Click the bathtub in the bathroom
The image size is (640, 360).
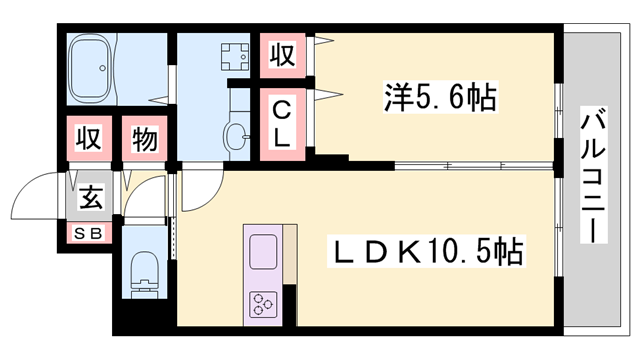91,69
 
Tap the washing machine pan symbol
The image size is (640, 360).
235,56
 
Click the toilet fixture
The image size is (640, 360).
145,275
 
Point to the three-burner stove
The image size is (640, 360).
262,304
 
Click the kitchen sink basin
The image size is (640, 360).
263,251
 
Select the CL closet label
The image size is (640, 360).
282,124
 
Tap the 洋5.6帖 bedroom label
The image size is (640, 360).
440,97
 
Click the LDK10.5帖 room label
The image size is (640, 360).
427,251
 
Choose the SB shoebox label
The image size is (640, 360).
89,234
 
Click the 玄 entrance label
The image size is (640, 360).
91,196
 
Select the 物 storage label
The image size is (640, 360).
144,139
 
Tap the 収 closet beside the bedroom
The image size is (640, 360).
282,55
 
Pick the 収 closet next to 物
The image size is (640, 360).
89,138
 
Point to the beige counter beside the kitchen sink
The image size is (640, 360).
290,254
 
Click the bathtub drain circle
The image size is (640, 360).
102,68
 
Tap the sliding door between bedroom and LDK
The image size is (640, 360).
474,166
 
